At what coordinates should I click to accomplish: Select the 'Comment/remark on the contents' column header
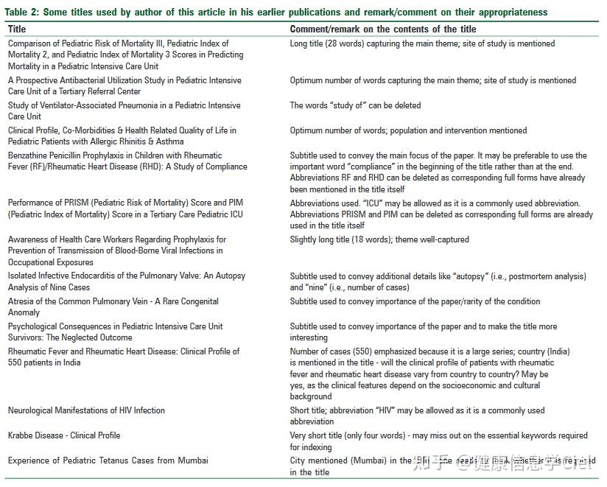(x=383, y=29)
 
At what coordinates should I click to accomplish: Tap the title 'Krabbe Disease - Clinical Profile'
(x=64, y=435)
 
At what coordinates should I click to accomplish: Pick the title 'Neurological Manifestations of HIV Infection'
(x=86, y=410)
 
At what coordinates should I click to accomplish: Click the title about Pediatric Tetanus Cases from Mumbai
(x=108, y=460)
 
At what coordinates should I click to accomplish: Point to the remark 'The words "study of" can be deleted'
(x=355, y=105)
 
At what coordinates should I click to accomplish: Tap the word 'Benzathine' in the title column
(x=29, y=155)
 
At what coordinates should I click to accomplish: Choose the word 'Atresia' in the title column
(x=21, y=301)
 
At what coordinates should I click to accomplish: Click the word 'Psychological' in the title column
(x=34, y=326)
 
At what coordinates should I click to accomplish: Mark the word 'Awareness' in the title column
(x=28, y=239)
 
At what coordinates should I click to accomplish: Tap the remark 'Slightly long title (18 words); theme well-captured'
(x=379, y=239)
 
